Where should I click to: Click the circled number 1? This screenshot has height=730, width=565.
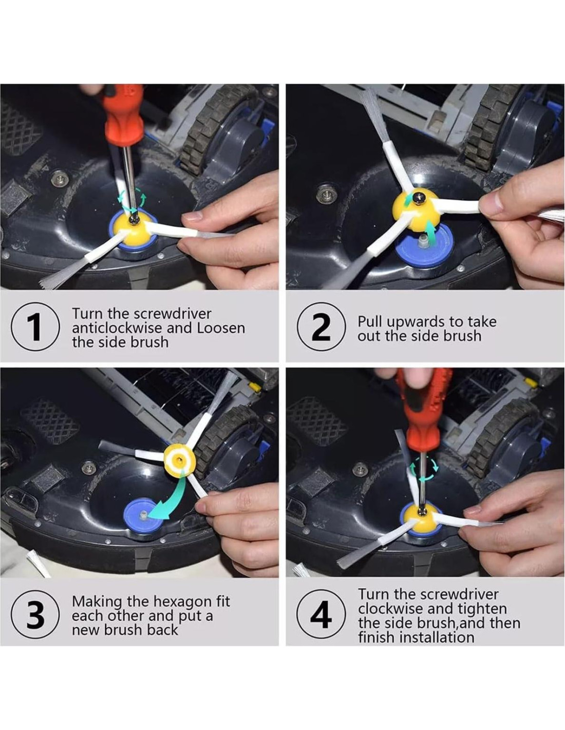pos(35,326)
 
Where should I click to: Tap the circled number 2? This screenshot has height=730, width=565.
pos(322,326)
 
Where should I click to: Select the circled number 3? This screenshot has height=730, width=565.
pos(35,614)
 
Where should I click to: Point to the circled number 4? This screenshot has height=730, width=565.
pos(322,614)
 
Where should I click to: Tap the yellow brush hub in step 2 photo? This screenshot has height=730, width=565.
pos(417,209)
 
